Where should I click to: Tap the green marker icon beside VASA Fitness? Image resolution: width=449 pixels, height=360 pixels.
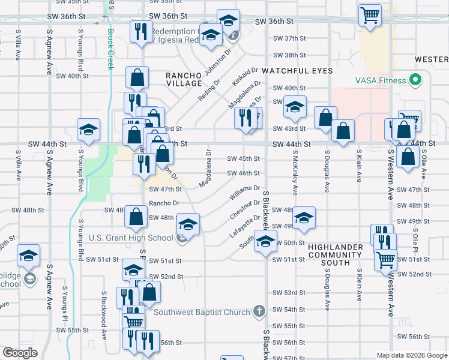coord(414,80)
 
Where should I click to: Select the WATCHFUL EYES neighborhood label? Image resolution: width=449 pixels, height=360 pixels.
coord(298,71)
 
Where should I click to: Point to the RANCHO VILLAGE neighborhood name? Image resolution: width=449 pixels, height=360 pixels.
coord(184,79)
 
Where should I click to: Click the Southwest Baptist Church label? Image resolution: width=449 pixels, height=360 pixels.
coord(202,312)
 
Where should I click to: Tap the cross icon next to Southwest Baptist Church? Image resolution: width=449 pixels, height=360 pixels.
coord(259,311)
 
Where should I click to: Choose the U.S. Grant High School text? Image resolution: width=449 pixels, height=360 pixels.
coord(131,238)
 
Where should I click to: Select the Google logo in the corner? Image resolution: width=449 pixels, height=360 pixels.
coord(20,353)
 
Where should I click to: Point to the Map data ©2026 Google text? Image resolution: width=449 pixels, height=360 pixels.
coord(411,355)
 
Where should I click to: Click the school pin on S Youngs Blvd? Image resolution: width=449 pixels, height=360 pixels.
coord(88,130)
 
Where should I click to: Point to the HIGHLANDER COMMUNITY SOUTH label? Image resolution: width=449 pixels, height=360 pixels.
coord(335,255)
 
